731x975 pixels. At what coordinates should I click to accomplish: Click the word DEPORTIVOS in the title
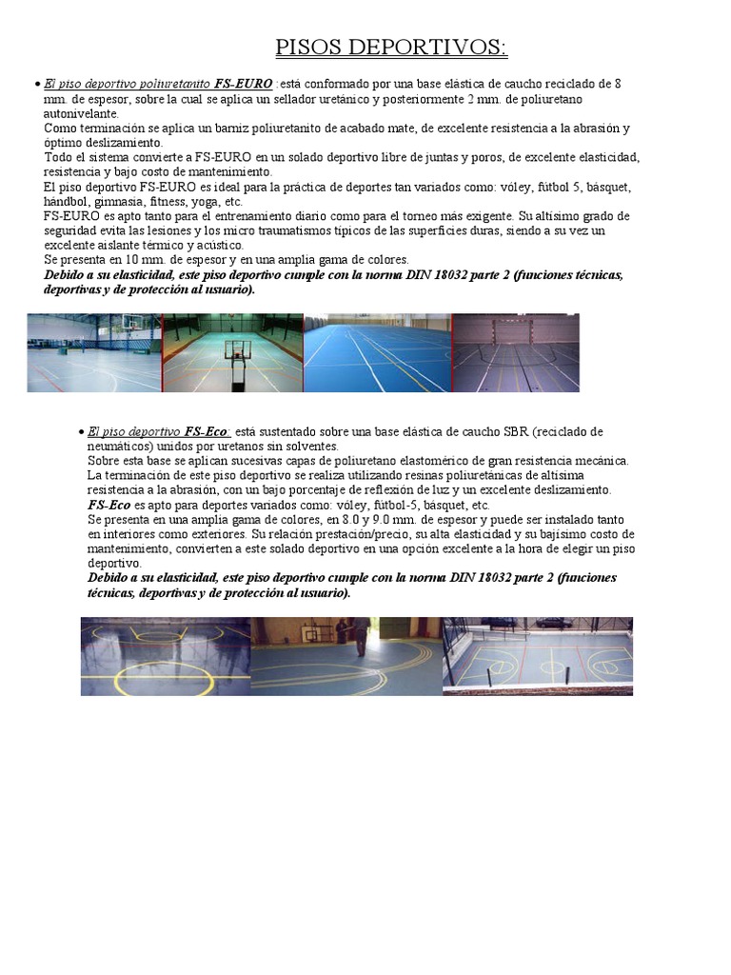pos(430,48)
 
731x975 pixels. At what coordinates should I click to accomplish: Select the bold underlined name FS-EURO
pos(244,84)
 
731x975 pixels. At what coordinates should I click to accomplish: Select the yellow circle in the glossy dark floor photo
pos(152,676)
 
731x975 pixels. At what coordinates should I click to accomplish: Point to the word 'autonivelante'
pos(81,113)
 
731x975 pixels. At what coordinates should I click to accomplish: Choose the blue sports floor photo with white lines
pos(377,352)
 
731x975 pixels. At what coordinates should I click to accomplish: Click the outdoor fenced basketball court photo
pos(538,655)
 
